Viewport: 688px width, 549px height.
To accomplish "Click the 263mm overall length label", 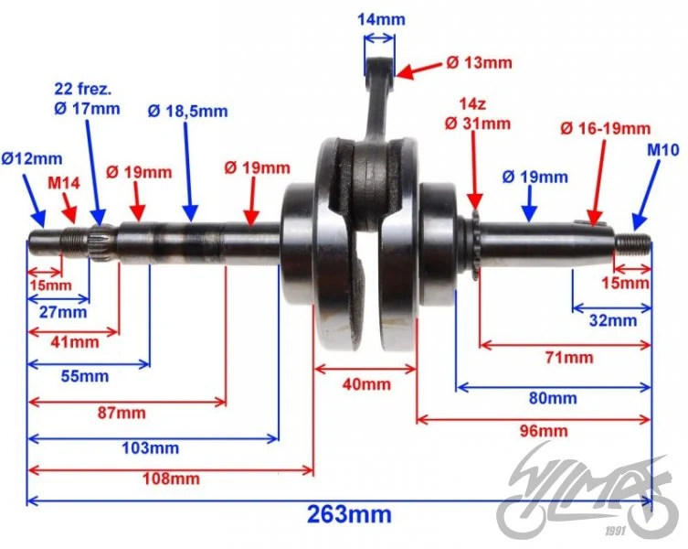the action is (x=349, y=514).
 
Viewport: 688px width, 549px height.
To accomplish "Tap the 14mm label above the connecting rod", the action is (x=381, y=19).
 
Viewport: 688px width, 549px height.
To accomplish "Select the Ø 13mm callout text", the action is (x=479, y=62).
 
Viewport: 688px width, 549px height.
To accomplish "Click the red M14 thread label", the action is (x=64, y=183).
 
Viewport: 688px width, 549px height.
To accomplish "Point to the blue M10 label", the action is (x=663, y=150).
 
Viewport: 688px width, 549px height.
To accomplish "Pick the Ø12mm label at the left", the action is (x=32, y=158).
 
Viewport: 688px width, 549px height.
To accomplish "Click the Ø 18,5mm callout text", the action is (x=188, y=112).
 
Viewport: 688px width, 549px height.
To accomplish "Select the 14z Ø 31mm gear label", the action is (x=478, y=114).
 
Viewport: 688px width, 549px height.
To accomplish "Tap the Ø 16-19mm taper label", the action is (x=606, y=128).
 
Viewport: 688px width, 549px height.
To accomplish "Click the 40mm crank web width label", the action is (x=366, y=384).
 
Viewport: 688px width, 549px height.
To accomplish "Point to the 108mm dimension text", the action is (x=171, y=479).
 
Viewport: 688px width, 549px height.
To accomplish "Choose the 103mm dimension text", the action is (x=151, y=448).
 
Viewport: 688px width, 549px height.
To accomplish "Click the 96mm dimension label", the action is (x=544, y=431).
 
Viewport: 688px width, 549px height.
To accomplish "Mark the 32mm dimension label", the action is (x=613, y=320).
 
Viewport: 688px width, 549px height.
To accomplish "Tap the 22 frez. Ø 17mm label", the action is (x=87, y=99).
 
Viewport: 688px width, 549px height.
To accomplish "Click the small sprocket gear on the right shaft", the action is (x=474, y=246).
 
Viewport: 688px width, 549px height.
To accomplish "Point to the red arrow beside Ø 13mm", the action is (x=418, y=70).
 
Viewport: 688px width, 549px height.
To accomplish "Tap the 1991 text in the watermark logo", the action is (x=615, y=532).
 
